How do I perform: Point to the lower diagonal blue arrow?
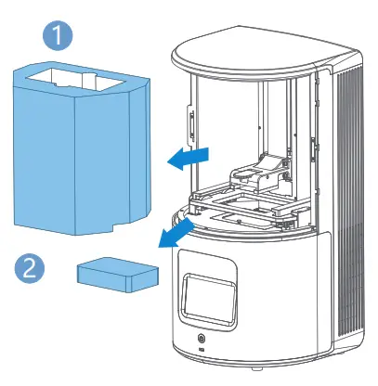(x=176, y=233)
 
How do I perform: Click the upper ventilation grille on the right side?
(x=351, y=158)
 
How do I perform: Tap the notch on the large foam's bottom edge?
(x=114, y=224)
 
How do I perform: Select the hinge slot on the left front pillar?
(x=189, y=126)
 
